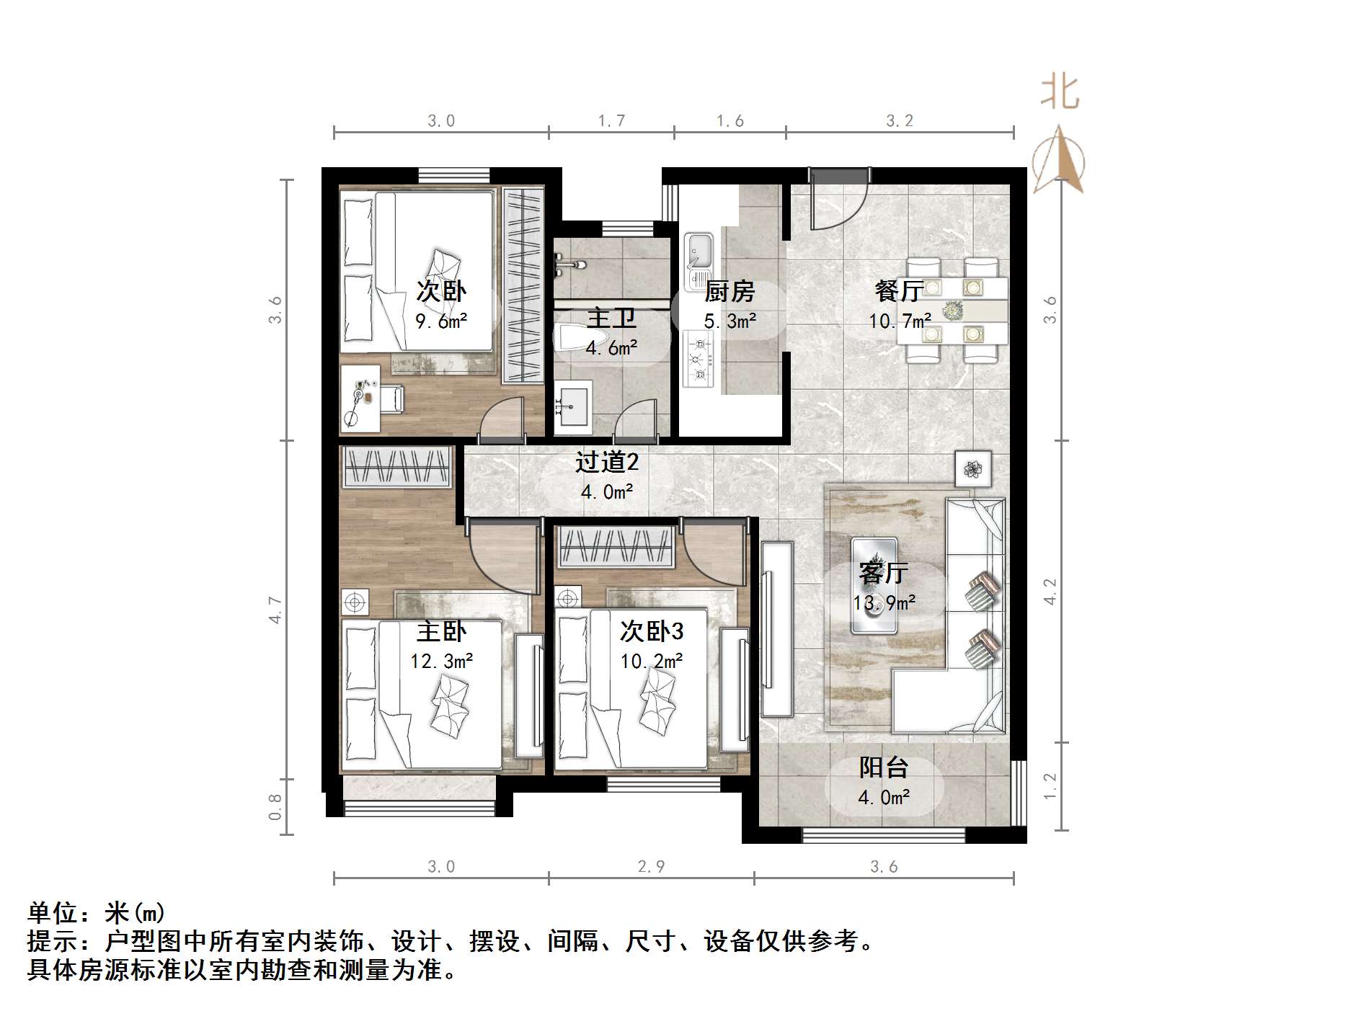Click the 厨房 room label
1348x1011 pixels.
pyautogui.click(x=729, y=291)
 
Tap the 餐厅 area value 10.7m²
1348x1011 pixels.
pyautogui.click(x=899, y=321)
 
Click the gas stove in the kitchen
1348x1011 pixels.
pyautogui.click(x=698, y=357)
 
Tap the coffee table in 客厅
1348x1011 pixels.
pyautogui.click(x=874, y=585)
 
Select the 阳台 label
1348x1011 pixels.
pyautogui.click(x=883, y=768)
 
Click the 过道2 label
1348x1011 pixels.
pyautogui.click(x=607, y=462)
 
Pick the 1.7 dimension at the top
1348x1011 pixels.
pyautogui.click(x=611, y=120)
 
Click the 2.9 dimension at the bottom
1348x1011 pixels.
pyautogui.click(x=651, y=866)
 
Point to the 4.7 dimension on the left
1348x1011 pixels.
pyautogui.click(x=275, y=610)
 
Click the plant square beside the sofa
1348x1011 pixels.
pyautogui.click(x=973, y=469)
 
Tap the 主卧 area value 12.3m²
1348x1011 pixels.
pyautogui.click(x=441, y=661)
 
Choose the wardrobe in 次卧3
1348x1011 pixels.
pyautogui.click(x=616, y=546)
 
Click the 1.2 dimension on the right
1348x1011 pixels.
pyautogui.click(x=1050, y=785)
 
